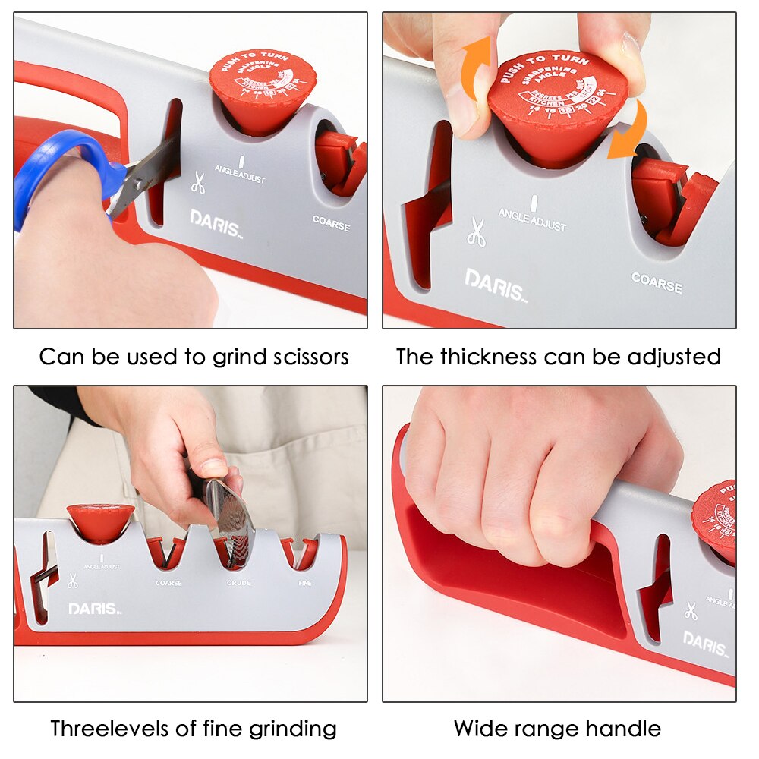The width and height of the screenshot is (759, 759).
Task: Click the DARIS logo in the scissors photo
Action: click(215, 222)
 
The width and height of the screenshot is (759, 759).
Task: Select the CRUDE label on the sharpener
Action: click(238, 583)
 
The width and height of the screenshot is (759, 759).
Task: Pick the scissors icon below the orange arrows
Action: click(476, 232)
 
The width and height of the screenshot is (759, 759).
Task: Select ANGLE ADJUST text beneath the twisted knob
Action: click(532, 220)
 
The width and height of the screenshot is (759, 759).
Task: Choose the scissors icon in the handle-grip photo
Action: click(691, 610)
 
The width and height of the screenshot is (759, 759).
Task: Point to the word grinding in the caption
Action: click(291, 729)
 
